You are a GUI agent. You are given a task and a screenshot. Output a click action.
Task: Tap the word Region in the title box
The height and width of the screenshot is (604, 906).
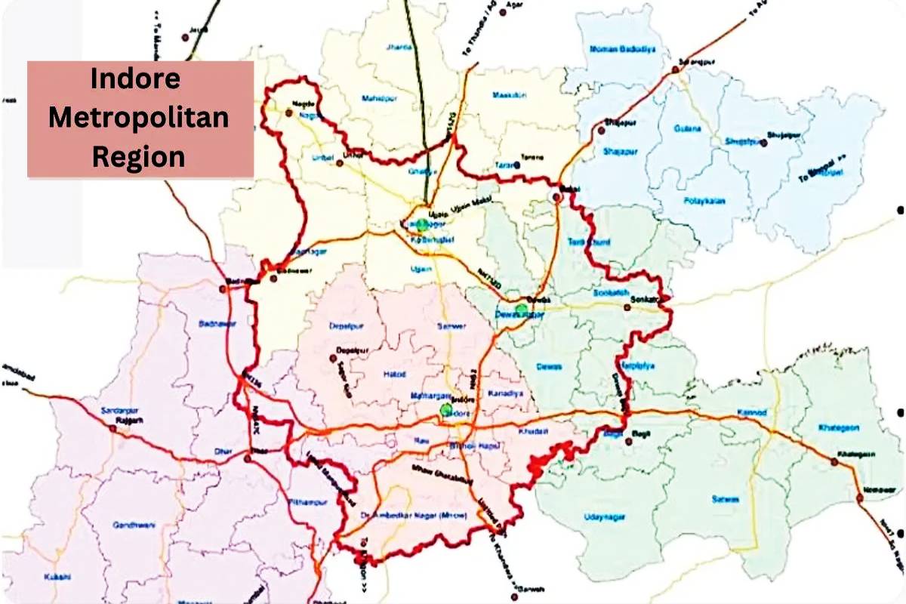click(x=139, y=156)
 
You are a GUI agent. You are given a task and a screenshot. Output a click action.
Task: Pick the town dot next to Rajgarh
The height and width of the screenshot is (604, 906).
click(x=112, y=428)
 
